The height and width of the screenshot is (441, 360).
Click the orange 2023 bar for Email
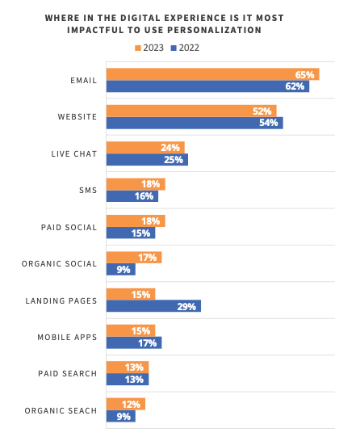(x=212, y=74)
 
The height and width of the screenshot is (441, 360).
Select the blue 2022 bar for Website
(x=195, y=123)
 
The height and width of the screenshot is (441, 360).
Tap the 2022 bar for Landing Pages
(x=153, y=306)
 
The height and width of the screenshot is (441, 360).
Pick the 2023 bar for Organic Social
(x=134, y=258)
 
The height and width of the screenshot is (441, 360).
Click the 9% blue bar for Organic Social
(x=121, y=270)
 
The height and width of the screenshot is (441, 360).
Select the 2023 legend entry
(x=149, y=48)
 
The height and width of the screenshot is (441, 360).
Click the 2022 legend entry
(x=184, y=48)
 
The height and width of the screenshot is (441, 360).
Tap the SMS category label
(x=88, y=190)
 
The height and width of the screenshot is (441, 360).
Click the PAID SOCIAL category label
(x=69, y=227)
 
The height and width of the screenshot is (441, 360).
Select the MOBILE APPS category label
(x=68, y=337)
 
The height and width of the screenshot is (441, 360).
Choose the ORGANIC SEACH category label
(x=61, y=410)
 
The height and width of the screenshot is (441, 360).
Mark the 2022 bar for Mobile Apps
(x=134, y=342)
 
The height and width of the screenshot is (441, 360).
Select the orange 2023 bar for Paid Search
(x=128, y=367)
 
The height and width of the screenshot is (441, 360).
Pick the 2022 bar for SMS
(x=132, y=196)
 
